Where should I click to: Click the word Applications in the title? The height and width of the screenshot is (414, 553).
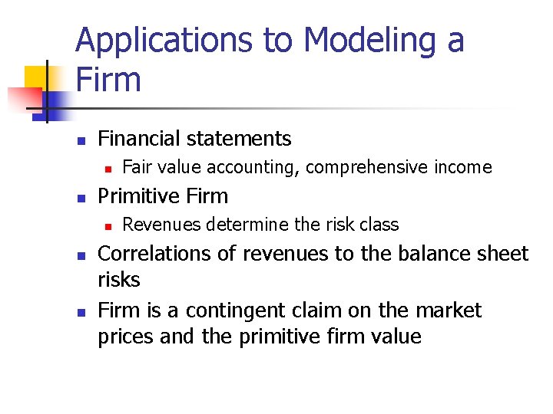click(165, 41)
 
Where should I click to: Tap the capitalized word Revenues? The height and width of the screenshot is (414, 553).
click(156, 225)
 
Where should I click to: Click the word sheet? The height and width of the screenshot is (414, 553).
click(505, 254)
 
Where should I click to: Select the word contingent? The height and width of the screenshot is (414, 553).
click(234, 310)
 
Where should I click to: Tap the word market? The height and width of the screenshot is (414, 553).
click(449, 310)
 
